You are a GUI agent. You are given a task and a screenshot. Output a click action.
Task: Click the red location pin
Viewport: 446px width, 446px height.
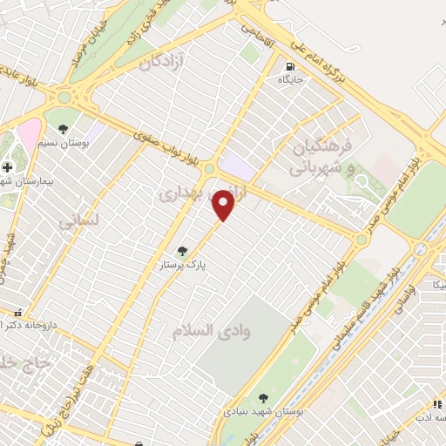pyautogui.click(x=225, y=206)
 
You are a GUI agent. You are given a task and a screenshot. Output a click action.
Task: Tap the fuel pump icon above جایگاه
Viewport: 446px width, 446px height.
pyautogui.click(x=288, y=65)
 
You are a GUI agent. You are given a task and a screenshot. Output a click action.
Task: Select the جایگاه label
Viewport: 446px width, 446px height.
pyautogui.click(x=288, y=79)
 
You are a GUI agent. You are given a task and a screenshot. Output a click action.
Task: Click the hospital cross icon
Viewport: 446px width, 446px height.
pyautogui.click(x=8, y=167)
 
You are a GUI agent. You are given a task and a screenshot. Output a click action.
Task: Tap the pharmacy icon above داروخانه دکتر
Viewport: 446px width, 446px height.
pyautogui.click(x=17, y=313)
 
